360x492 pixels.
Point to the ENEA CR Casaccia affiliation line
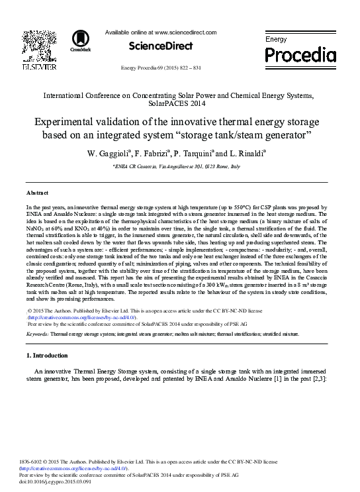tap(180, 168)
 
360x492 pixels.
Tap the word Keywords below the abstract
tap(38, 334)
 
